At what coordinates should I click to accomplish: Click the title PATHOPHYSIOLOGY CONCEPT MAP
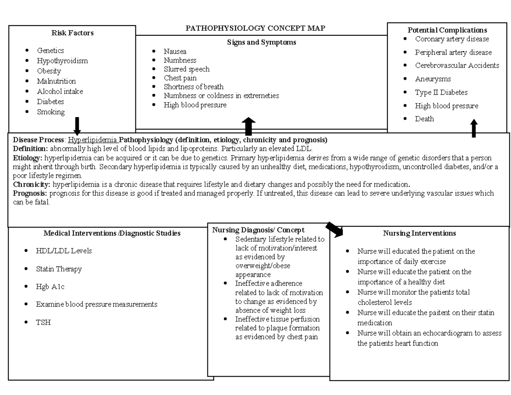point(255,28)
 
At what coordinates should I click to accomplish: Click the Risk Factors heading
point(72,33)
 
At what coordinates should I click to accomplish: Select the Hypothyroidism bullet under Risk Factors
point(62,61)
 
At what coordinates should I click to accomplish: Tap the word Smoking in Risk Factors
point(51,112)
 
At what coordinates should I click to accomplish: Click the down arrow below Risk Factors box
point(77,125)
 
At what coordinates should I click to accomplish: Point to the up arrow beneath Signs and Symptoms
point(248,127)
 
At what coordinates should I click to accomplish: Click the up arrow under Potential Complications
point(474,128)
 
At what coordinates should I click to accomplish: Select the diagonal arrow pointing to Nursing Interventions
point(334,229)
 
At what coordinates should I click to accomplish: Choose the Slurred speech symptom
point(187,69)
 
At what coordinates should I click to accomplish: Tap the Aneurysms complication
point(433,79)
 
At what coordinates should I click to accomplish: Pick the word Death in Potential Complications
point(424,119)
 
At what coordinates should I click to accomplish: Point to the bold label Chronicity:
point(32,185)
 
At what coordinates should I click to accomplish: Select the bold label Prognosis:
point(30,193)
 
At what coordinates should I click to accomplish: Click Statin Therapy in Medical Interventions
point(59,269)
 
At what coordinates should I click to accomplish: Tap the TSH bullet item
point(43,322)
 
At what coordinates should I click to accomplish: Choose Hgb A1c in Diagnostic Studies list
point(50,287)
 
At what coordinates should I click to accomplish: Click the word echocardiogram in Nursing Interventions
point(445,333)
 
